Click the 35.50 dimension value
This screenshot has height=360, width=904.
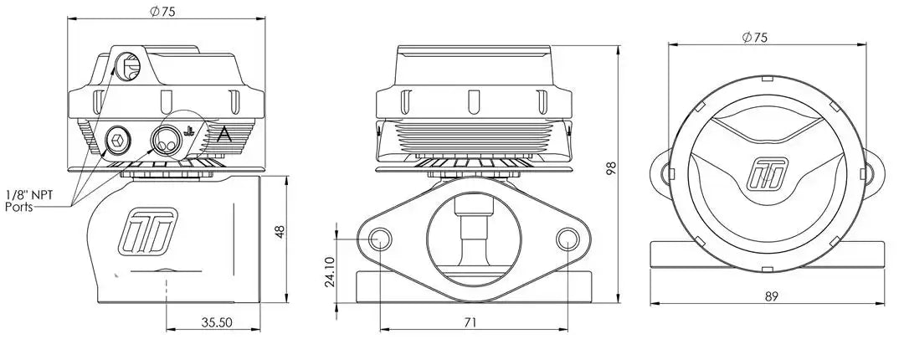pos(216,322)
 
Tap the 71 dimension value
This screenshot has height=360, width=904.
pos(470,322)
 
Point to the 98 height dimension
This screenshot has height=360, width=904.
pos(612,168)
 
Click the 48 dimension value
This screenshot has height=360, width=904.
pos(280,232)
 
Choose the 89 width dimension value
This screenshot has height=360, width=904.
pos(772,296)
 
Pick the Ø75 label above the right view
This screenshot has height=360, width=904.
pos(755,37)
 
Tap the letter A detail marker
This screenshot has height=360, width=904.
pos(224,136)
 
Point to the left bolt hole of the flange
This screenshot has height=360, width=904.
pos(380,239)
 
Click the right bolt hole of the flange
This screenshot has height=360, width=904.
pos(568,239)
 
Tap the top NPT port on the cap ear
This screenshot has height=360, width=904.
pos(127,66)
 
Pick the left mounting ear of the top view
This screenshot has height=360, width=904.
pos(661,172)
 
